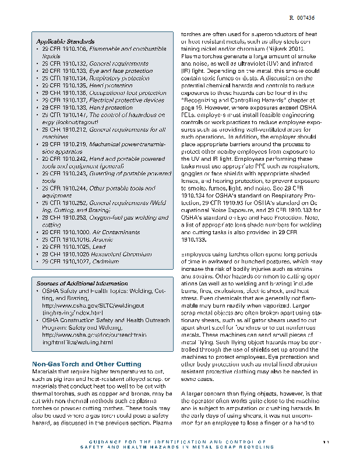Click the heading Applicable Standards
tap(65, 42)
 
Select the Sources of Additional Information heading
tap(74, 284)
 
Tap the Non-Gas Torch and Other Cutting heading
tap(86, 363)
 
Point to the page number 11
tap(326, 443)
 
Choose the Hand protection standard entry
tap(111, 108)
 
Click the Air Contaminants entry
tap(117, 232)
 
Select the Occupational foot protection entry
tap(128, 93)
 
